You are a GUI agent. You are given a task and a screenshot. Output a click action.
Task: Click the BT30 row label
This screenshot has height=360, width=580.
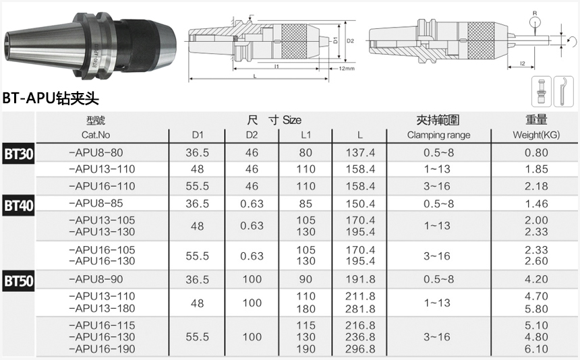18,153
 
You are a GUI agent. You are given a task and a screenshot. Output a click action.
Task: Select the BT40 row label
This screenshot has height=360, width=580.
18,205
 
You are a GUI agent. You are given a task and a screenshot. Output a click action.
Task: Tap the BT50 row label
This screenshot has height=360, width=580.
18,280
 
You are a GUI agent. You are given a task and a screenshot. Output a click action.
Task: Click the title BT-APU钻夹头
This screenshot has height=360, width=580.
51,99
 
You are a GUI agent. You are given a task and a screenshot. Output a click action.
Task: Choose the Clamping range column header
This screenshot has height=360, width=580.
438,135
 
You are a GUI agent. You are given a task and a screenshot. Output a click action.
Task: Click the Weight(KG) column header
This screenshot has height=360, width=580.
536,135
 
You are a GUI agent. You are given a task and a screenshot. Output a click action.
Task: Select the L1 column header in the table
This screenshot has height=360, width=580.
306,135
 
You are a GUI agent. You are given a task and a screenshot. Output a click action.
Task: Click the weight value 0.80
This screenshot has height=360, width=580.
536,153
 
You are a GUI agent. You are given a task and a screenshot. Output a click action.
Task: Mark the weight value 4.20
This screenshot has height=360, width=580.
536,279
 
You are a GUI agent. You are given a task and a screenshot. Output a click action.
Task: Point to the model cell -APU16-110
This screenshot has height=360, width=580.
103,186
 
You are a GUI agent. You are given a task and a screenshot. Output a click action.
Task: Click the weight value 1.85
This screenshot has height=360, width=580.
536,169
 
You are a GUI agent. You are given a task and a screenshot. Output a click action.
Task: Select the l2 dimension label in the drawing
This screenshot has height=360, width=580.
523,63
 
